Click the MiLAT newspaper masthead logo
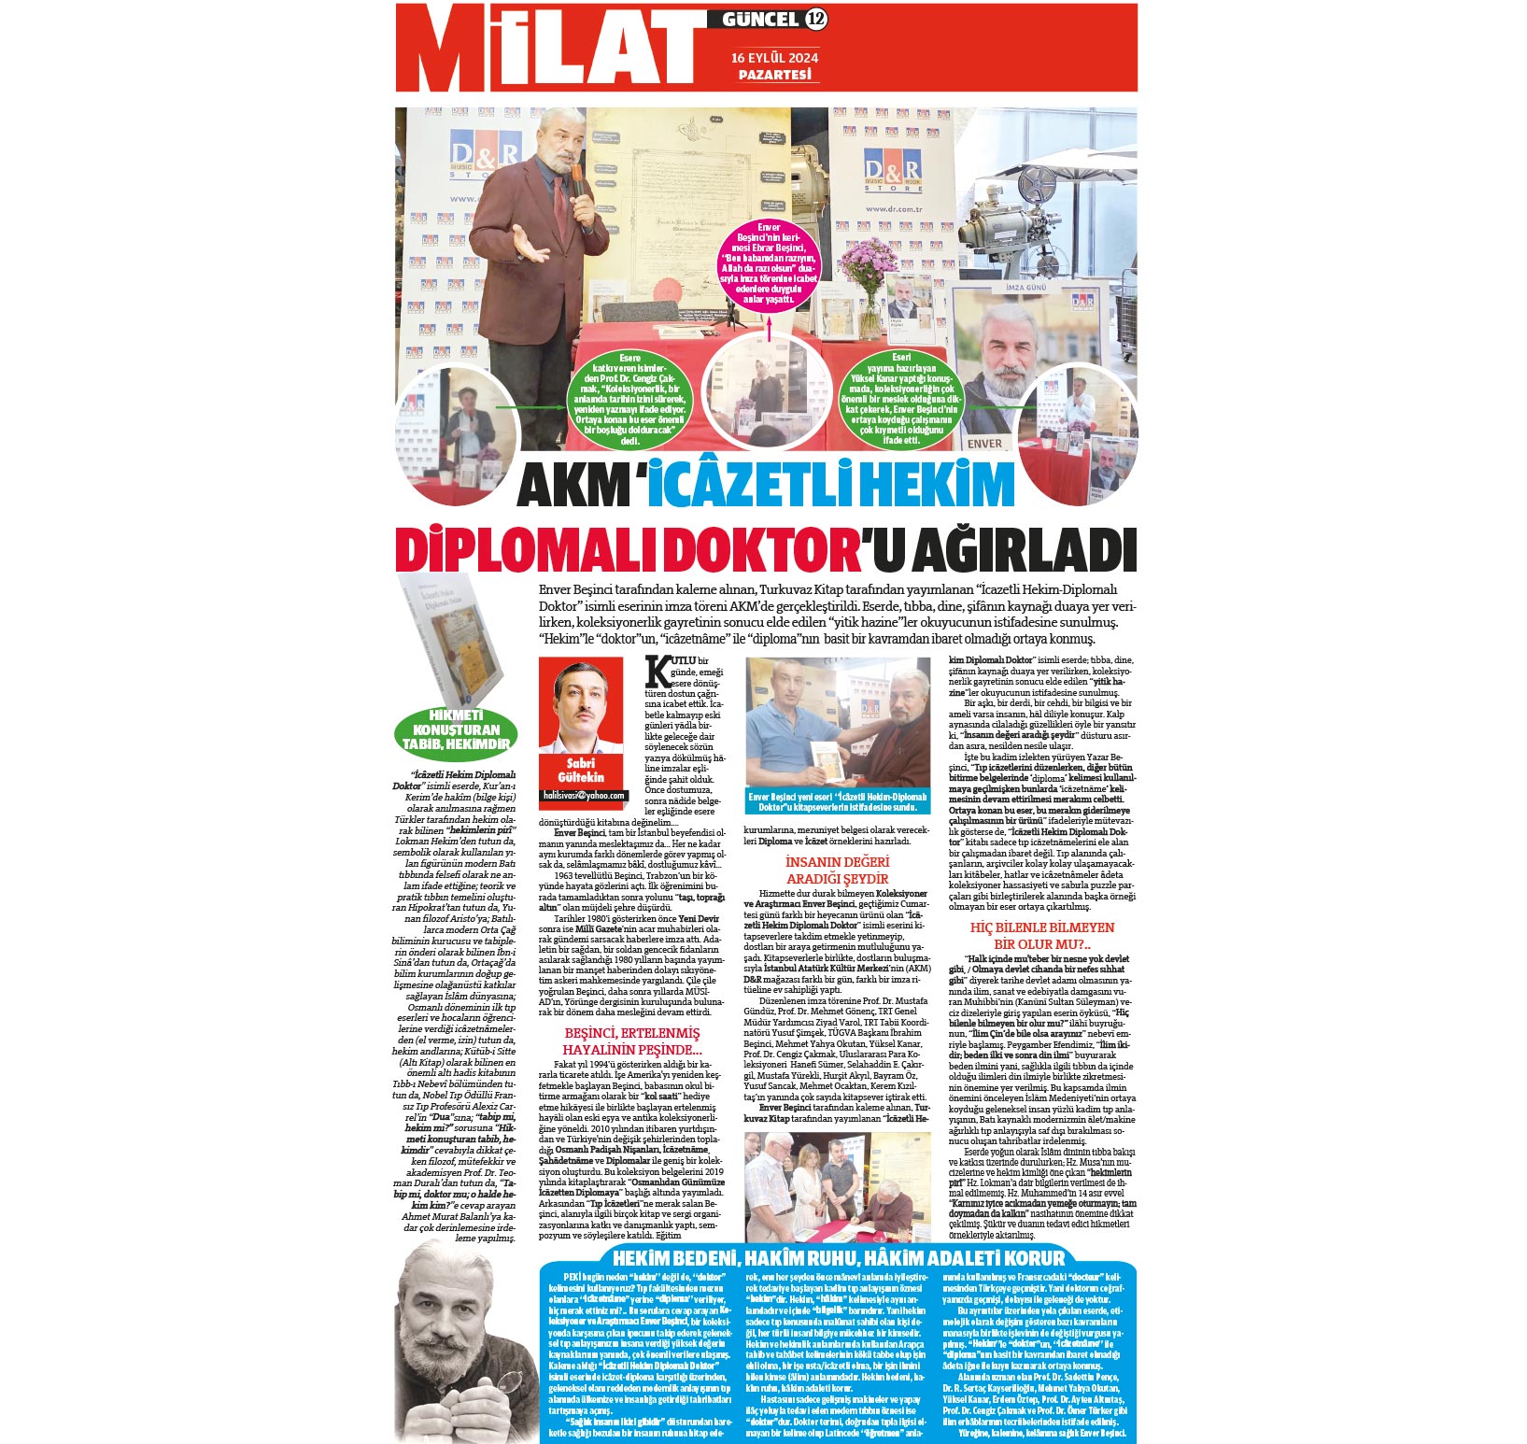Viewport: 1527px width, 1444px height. click(551, 49)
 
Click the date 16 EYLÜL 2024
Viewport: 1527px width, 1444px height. click(775, 57)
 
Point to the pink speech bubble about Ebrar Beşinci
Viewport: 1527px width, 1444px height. click(769, 264)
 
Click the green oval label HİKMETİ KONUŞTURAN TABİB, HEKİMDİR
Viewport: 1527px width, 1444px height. click(456, 730)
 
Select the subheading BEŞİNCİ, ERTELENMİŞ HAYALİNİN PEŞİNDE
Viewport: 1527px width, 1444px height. click(631, 1041)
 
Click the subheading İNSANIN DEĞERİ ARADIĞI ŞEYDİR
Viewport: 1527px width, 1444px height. click(837, 871)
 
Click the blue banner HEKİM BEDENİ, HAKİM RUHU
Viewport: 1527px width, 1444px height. click(838, 1257)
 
